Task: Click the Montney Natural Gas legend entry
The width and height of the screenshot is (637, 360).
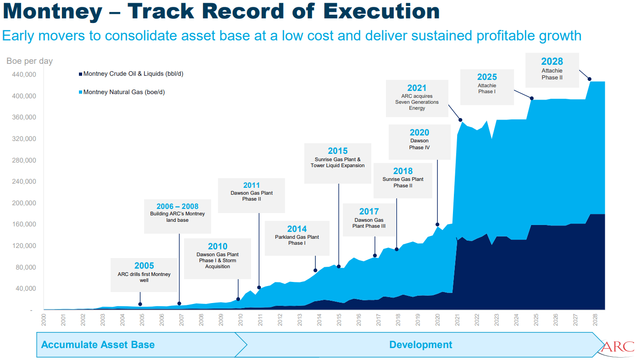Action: [x=122, y=92]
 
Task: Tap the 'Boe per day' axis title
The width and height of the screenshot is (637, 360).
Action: [x=29, y=61]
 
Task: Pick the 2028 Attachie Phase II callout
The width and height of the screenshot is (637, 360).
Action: [x=552, y=70]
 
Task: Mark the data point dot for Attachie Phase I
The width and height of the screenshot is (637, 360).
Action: [x=532, y=98]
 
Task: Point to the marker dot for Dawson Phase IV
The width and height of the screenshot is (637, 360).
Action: [x=437, y=225]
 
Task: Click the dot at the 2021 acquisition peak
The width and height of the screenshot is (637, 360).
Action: [x=460, y=120]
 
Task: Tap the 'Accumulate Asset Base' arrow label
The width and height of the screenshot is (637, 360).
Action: [x=98, y=345]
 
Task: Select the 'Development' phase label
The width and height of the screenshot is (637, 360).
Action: [x=420, y=345]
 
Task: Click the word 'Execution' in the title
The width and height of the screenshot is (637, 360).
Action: [x=381, y=12]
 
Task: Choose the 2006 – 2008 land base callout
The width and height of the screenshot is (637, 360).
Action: [x=178, y=216]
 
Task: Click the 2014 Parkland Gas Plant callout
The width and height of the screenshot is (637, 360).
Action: [x=297, y=238]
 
